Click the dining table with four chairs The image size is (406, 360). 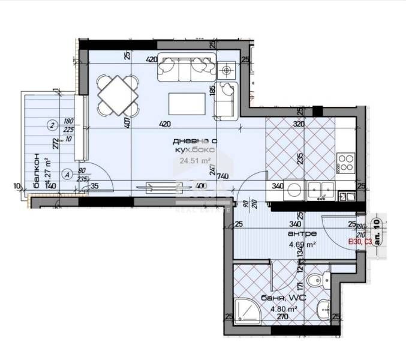(118, 95)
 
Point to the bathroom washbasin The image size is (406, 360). (323, 309)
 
